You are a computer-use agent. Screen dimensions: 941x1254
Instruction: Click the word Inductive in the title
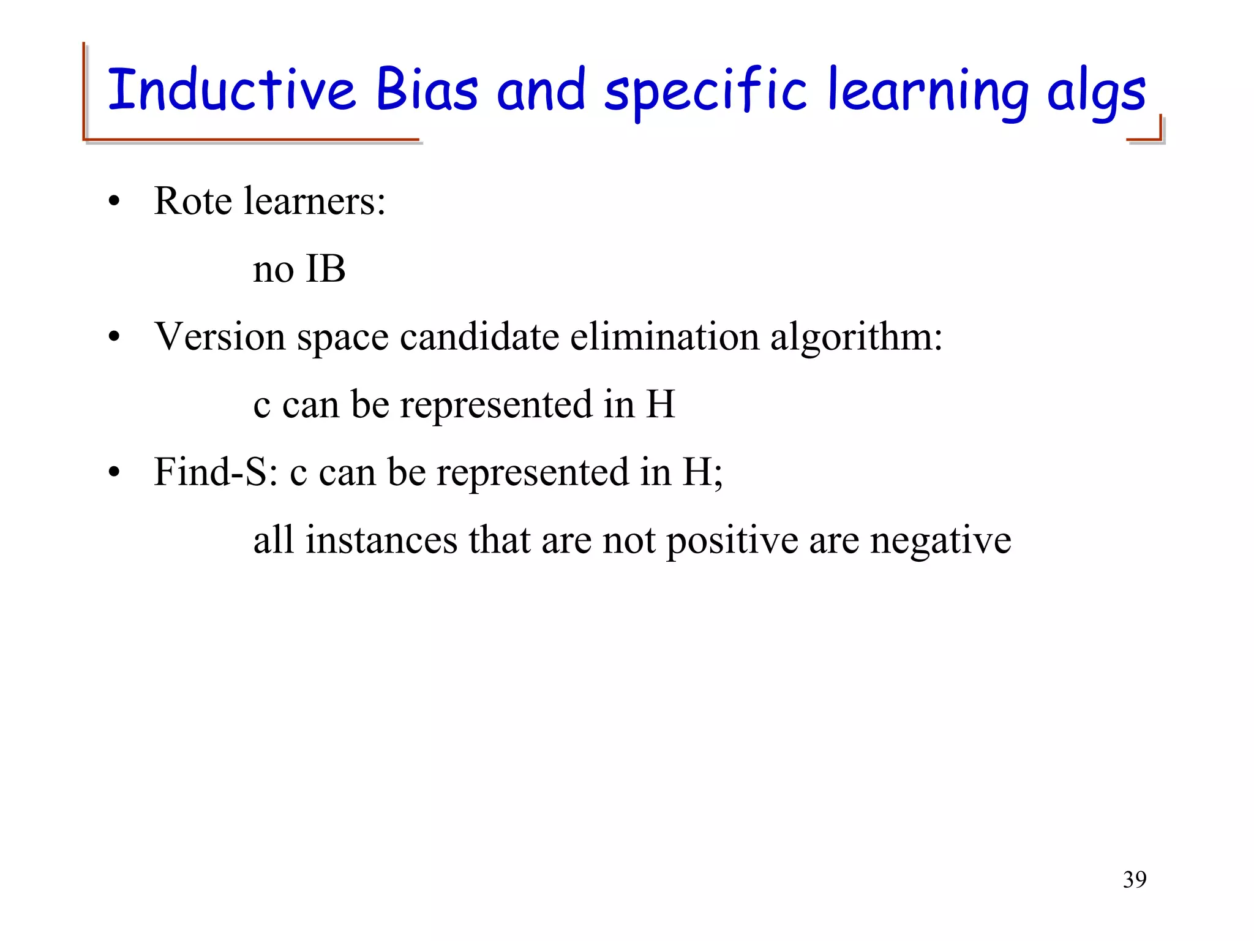(x=231, y=90)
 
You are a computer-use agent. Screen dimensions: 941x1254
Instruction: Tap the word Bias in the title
(x=426, y=90)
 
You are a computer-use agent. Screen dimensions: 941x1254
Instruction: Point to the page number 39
(x=1134, y=880)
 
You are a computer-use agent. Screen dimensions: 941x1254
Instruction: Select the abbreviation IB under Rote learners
(x=325, y=269)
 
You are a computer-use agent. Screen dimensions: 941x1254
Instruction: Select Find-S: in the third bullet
(x=216, y=472)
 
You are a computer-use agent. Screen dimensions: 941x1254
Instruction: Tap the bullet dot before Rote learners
(x=114, y=203)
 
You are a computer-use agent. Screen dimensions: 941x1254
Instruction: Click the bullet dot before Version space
(x=114, y=338)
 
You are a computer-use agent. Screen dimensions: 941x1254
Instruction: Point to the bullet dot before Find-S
(x=114, y=474)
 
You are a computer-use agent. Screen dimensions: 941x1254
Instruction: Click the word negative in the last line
(x=940, y=542)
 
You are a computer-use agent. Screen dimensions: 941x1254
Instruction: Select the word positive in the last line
(x=732, y=542)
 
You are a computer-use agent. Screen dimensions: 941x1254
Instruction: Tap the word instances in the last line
(x=381, y=540)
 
